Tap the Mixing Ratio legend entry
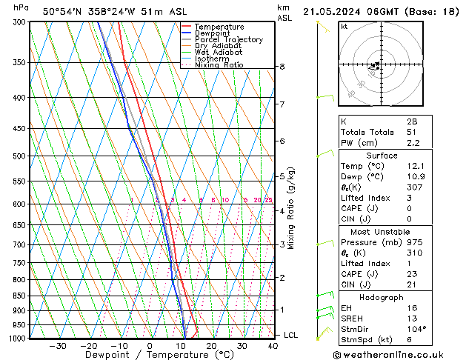click(219, 65)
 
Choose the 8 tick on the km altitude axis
click(282, 67)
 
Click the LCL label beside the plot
click(292, 335)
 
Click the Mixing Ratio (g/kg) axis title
click(291, 208)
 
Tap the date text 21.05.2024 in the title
click(335, 11)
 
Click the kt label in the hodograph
click(344, 26)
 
